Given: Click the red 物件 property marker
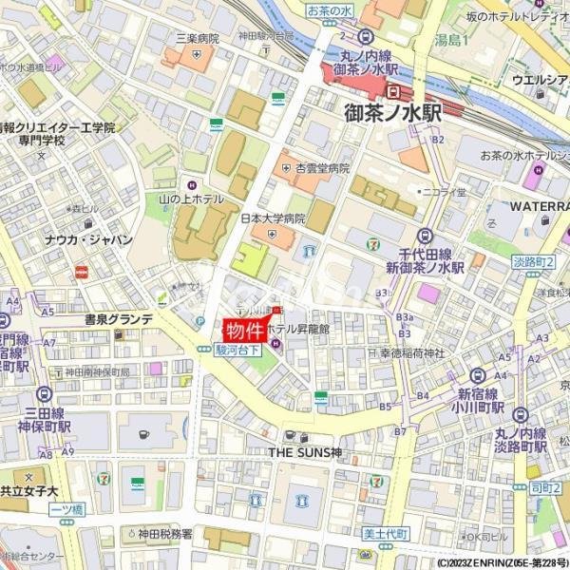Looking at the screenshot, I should point(243,332).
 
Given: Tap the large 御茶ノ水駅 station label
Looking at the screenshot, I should point(393,113).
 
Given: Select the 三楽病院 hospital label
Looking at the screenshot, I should point(197,39).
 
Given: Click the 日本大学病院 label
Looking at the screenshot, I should point(272,218).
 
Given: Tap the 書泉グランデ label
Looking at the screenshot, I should point(118,319).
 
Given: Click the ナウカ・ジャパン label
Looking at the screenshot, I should point(88,240).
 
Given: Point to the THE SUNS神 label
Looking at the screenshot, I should point(305,451).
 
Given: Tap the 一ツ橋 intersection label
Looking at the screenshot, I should point(66,510).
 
